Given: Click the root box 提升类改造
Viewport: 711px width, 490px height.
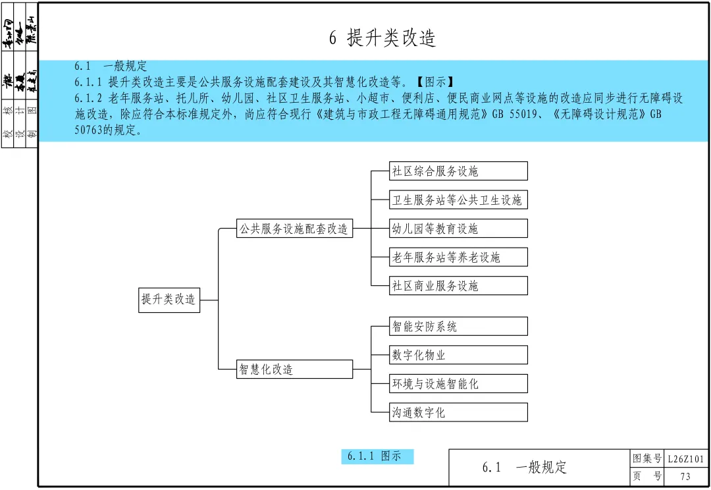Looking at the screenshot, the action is [x=169, y=300].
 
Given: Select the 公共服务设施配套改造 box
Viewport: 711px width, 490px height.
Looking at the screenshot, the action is [x=294, y=229].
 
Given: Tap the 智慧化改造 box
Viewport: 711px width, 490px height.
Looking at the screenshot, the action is [x=294, y=369].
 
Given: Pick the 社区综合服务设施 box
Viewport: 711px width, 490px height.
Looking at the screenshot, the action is [x=458, y=171].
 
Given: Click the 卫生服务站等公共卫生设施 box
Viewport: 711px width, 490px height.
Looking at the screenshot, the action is [x=458, y=200].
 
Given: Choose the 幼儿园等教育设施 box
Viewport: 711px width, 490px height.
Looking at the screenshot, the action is [x=458, y=229].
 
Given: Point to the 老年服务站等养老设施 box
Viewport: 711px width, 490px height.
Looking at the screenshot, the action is [x=458, y=257].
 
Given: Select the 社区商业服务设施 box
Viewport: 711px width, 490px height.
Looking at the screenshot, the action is [x=458, y=286].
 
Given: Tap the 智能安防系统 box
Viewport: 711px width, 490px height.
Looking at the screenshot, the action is [x=458, y=326].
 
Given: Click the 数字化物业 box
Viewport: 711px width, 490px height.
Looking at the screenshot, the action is [x=458, y=355].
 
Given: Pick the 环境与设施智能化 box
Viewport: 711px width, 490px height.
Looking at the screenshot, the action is [x=458, y=383].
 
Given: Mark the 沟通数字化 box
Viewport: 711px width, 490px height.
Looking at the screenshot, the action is [x=458, y=412].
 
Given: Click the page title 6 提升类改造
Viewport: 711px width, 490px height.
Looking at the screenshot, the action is [x=382, y=38].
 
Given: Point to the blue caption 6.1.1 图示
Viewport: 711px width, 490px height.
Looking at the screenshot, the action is [x=377, y=456].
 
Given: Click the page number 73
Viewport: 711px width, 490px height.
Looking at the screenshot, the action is [x=686, y=477].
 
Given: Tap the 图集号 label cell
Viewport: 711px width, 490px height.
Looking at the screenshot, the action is [x=646, y=458].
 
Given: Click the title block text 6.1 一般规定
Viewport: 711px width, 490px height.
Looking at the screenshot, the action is [x=524, y=468].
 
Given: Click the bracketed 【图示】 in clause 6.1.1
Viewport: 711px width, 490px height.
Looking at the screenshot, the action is [x=434, y=82].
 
